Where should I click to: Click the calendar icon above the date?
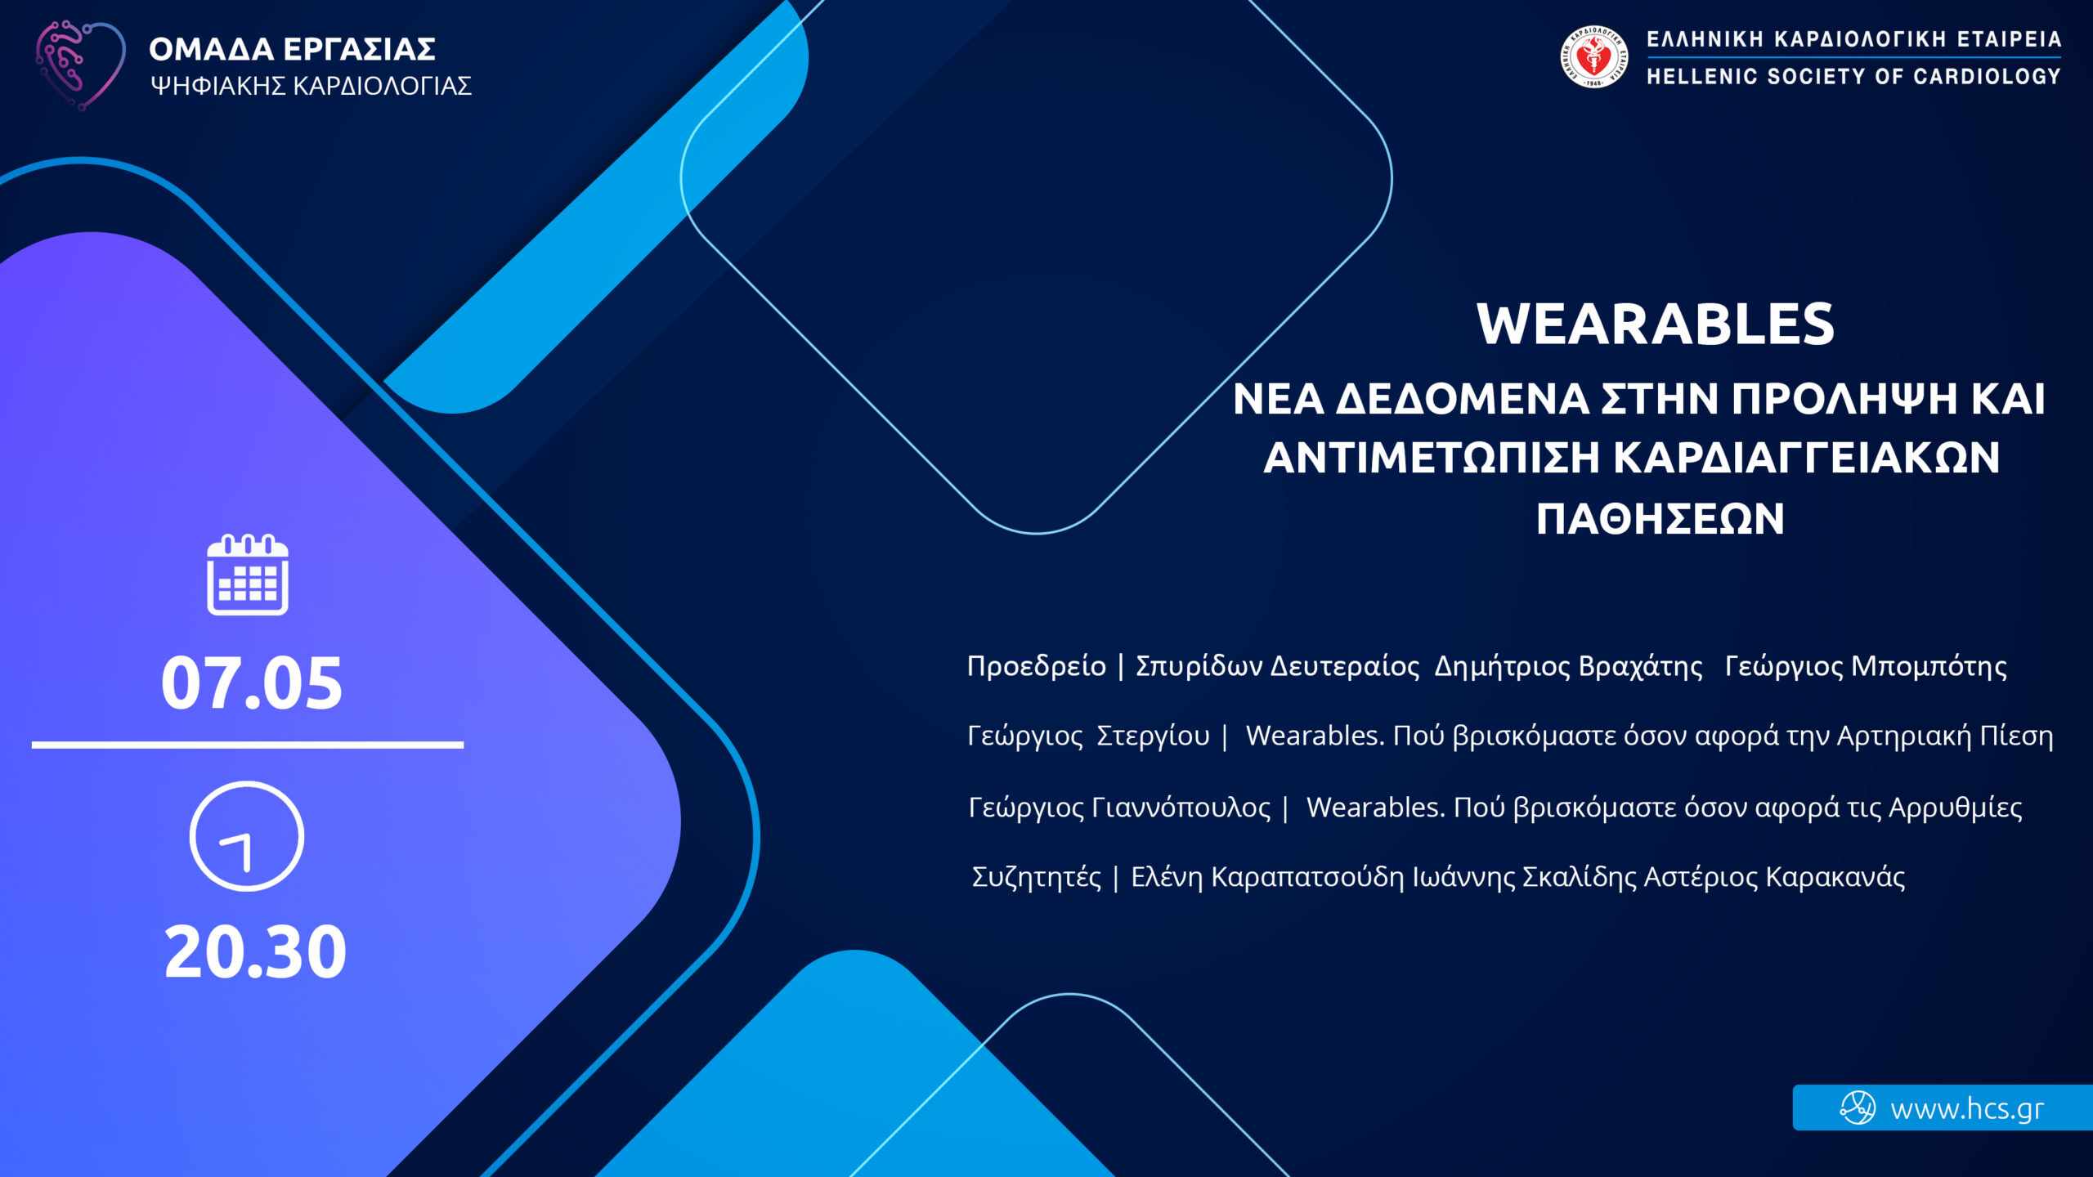click(248, 574)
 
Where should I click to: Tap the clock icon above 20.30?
click(247, 836)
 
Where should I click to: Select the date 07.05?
click(252, 683)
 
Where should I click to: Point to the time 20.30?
click(255, 951)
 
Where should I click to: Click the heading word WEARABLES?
click(1656, 324)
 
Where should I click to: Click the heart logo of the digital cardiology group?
click(80, 65)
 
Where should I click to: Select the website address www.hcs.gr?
click(1967, 1109)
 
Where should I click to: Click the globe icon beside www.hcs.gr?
click(1858, 1108)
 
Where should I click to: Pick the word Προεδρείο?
click(1037, 666)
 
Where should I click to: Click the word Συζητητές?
click(1037, 877)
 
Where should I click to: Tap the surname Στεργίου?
click(1153, 736)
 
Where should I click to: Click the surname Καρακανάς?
click(1835, 877)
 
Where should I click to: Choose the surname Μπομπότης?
click(1929, 666)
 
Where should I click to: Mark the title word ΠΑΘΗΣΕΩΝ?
click(1661, 519)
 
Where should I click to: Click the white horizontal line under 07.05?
click(248, 745)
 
